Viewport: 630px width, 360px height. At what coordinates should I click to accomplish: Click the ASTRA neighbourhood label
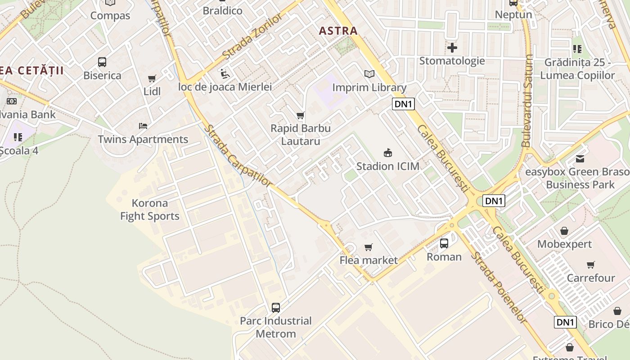[338, 31]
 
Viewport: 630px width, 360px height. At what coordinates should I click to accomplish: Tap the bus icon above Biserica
[102, 62]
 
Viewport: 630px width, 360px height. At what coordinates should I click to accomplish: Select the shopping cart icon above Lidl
[152, 79]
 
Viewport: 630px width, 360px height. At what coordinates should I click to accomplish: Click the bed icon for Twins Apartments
[143, 126]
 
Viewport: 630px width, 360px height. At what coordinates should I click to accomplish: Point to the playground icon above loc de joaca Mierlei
[225, 73]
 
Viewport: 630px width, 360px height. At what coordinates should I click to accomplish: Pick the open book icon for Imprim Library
[369, 74]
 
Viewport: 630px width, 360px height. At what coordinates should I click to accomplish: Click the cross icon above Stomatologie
[452, 47]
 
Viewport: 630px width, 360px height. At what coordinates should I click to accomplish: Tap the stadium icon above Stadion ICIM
[387, 153]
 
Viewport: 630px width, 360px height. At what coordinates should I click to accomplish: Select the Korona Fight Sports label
[150, 210]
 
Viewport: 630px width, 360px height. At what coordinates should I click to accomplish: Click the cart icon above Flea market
[369, 247]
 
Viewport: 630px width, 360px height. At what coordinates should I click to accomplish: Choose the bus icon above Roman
[444, 243]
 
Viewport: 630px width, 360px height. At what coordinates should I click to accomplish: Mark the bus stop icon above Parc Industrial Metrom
[276, 308]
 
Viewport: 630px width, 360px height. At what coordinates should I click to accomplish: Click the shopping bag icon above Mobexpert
[564, 231]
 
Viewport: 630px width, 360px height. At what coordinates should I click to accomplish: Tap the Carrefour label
[590, 278]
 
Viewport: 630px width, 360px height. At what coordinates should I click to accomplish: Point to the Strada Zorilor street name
[252, 36]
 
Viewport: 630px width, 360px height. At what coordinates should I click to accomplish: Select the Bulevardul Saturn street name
[527, 101]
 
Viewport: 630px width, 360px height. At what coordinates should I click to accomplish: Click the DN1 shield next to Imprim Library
[403, 104]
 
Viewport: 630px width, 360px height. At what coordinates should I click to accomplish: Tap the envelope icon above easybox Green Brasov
[580, 159]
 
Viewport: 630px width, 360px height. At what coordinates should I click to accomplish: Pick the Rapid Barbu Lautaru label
[301, 135]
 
